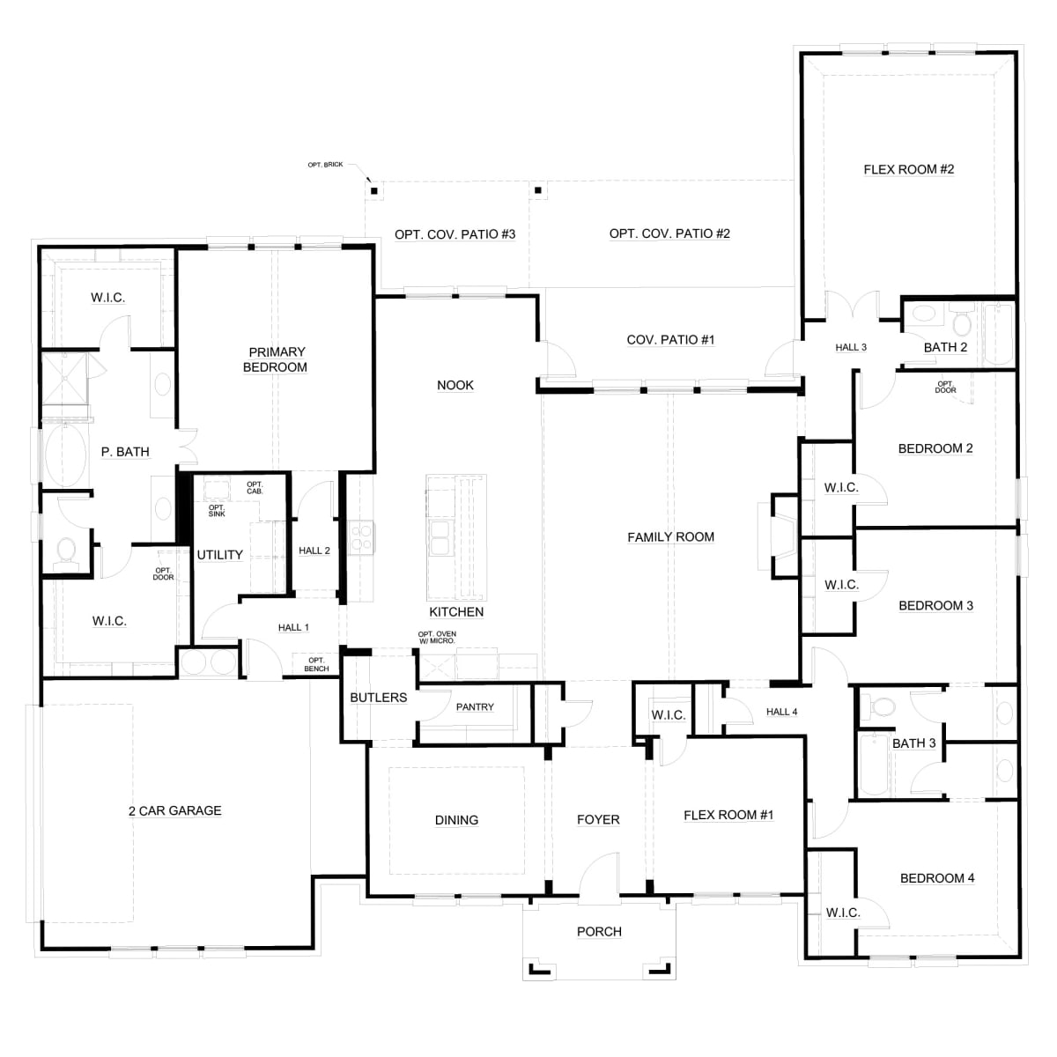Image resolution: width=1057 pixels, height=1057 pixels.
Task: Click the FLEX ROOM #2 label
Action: [908, 169]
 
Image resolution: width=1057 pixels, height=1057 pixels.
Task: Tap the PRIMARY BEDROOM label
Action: [276, 359]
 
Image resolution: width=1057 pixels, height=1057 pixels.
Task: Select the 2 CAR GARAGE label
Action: [175, 810]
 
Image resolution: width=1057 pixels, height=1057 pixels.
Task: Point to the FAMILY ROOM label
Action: [670, 537]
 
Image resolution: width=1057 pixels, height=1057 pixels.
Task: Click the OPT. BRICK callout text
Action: [325, 165]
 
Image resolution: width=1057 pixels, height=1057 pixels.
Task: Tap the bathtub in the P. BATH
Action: [65, 455]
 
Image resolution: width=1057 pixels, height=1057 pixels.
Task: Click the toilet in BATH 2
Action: [962, 321]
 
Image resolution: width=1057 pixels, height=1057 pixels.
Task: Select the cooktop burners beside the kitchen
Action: [361, 537]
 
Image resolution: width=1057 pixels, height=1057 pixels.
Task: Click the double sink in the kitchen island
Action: [440, 538]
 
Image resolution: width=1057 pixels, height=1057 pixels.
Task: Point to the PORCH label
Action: [599, 931]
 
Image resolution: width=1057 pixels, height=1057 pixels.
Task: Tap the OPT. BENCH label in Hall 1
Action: [316, 664]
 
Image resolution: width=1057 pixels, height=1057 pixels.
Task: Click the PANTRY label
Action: [475, 707]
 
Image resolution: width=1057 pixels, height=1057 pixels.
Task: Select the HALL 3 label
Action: [851, 347]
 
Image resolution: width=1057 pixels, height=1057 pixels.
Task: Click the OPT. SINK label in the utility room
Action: [217, 511]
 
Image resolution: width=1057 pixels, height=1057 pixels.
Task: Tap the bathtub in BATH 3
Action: [873, 765]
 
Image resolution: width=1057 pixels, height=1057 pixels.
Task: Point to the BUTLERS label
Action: [379, 697]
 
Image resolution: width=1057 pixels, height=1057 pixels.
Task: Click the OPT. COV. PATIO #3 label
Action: [455, 234]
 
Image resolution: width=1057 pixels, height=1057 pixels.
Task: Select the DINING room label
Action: [456, 819]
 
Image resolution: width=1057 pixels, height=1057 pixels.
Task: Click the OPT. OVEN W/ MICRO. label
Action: [437, 638]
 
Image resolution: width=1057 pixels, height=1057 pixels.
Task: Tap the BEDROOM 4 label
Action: [937, 877]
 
